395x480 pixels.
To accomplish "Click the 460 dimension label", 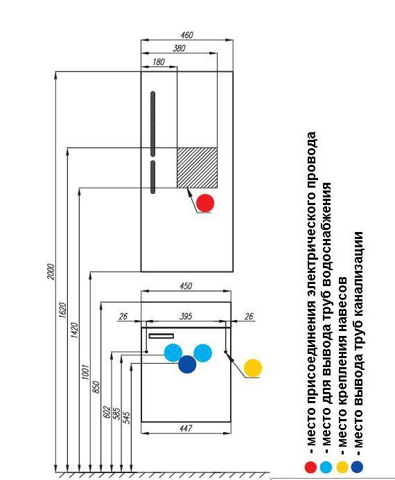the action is pyautogui.click(x=187, y=35).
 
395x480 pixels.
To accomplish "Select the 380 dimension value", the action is pyautogui.click(x=179, y=48).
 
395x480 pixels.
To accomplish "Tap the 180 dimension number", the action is pyautogui.click(x=158, y=62).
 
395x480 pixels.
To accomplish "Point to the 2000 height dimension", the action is pyautogui.click(x=51, y=272).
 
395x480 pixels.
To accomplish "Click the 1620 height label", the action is pyautogui.click(x=62, y=310).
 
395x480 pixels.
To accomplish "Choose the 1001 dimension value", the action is pyautogui.click(x=85, y=372).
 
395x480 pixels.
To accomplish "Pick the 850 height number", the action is pyautogui.click(x=96, y=387).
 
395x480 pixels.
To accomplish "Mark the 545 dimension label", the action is pyautogui.click(x=126, y=418).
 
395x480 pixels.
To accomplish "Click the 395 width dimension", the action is pyautogui.click(x=186, y=317).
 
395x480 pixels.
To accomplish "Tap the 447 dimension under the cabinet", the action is pyautogui.click(x=186, y=428).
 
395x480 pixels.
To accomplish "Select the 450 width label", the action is pyautogui.click(x=186, y=286).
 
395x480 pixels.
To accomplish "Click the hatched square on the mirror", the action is pyautogui.click(x=197, y=168).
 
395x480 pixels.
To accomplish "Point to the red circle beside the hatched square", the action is pyautogui.click(x=205, y=203).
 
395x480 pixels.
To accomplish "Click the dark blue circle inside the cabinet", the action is pyautogui.click(x=187, y=364).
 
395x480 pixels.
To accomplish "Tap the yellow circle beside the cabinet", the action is pyautogui.click(x=253, y=368).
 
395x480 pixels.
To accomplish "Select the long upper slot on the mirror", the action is pyautogui.click(x=152, y=124).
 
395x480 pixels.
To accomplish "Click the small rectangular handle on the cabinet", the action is pyautogui.click(x=161, y=336).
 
